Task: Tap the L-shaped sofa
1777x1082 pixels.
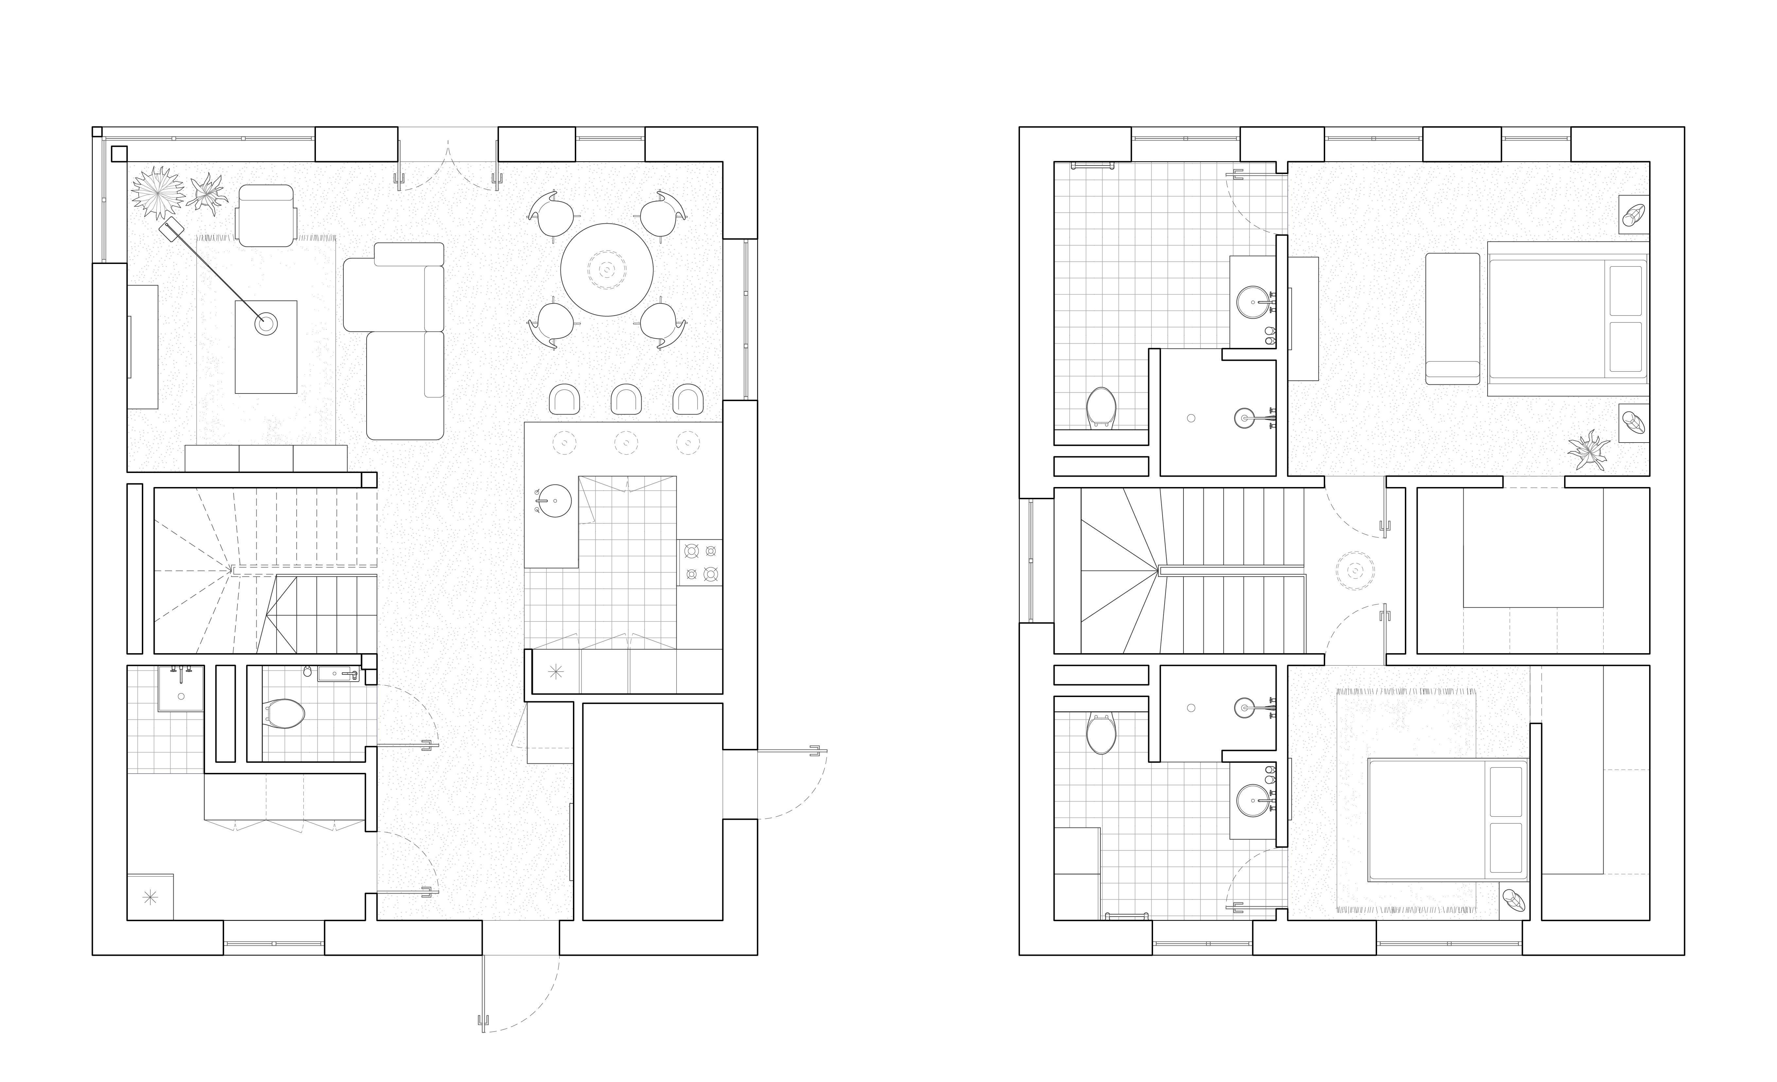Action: (395, 339)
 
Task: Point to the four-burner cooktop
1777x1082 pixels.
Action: (700, 562)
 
